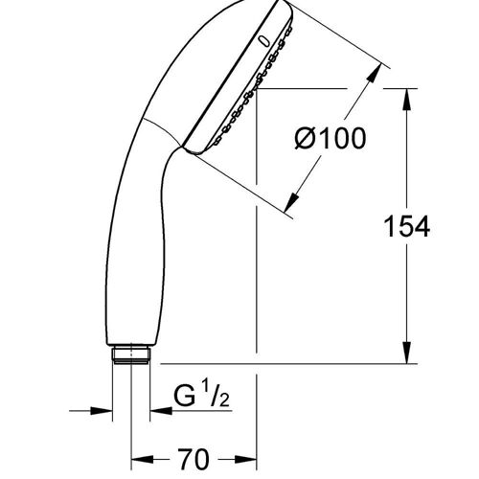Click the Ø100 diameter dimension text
coord(330,140)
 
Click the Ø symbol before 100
coord(303,140)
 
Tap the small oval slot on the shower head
coord(262,39)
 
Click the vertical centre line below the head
coord(256,287)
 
